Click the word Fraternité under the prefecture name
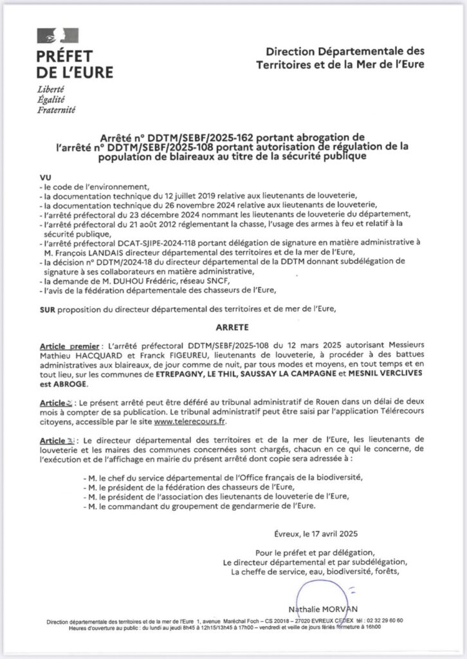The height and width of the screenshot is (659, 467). (x=57, y=110)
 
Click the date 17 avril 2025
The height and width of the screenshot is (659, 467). (x=332, y=533)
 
